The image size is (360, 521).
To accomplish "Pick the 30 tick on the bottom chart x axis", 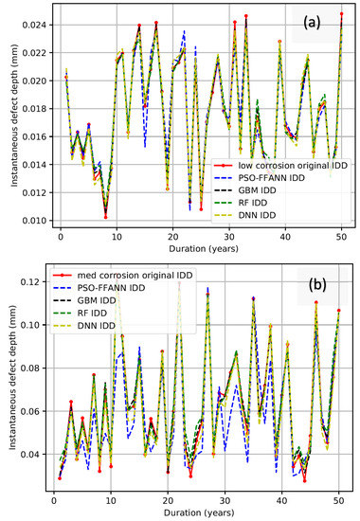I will tap(225, 495).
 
